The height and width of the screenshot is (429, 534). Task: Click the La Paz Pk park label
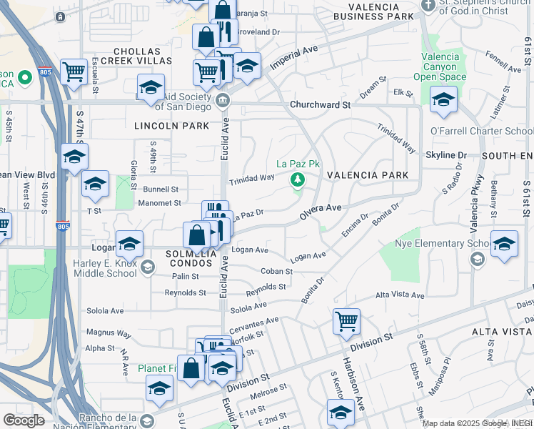(x=296, y=164)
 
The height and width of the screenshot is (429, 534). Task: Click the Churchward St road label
(x=321, y=105)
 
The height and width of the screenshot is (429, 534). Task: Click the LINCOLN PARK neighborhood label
(x=171, y=126)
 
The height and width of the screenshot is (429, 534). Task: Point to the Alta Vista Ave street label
(x=400, y=295)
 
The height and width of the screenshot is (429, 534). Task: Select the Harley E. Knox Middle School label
(x=94, y=268)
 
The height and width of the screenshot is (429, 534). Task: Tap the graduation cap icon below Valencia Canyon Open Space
(x=443, y=101)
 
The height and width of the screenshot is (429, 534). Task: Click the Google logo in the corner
(x=24, y=420)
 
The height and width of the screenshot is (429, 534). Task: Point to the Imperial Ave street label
(x=293, y=56)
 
